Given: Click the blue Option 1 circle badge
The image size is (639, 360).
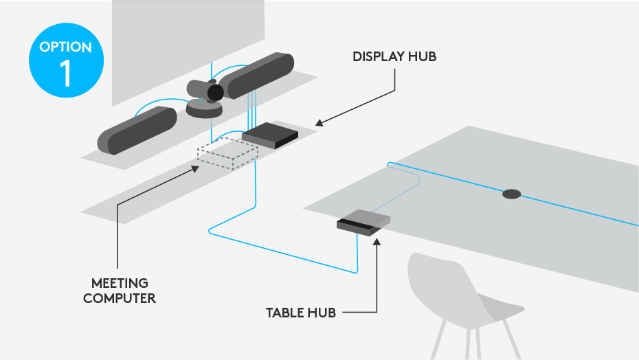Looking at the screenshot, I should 66,63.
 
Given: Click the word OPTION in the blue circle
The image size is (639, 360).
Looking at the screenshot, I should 66,47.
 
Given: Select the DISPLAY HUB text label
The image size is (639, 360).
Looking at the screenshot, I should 394,57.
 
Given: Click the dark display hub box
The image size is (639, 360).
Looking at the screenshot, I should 270,135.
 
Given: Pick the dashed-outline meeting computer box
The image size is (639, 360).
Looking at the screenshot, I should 227,154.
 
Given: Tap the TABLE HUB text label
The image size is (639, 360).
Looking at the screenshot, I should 301,313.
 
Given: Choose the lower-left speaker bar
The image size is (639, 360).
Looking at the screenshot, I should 138,130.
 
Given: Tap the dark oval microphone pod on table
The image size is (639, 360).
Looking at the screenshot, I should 511,194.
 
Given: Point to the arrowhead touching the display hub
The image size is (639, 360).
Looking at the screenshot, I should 319,124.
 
